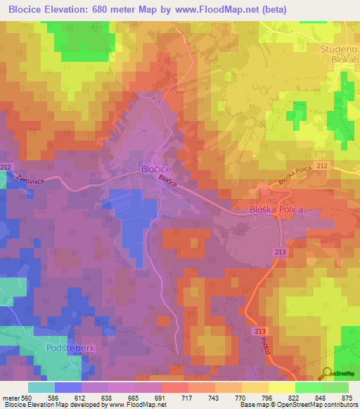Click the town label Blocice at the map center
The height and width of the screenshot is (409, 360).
click(x=156, y=169)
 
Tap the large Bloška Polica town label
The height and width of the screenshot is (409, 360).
click(x=276, y=209)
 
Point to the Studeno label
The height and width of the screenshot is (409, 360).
click(x=340, y=49)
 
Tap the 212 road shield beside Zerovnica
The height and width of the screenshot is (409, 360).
click(x=6, y=167)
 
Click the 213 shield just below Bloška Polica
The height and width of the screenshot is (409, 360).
click(x=278, y=251)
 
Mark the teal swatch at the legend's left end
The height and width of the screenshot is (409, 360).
click(x=41, y=387)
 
